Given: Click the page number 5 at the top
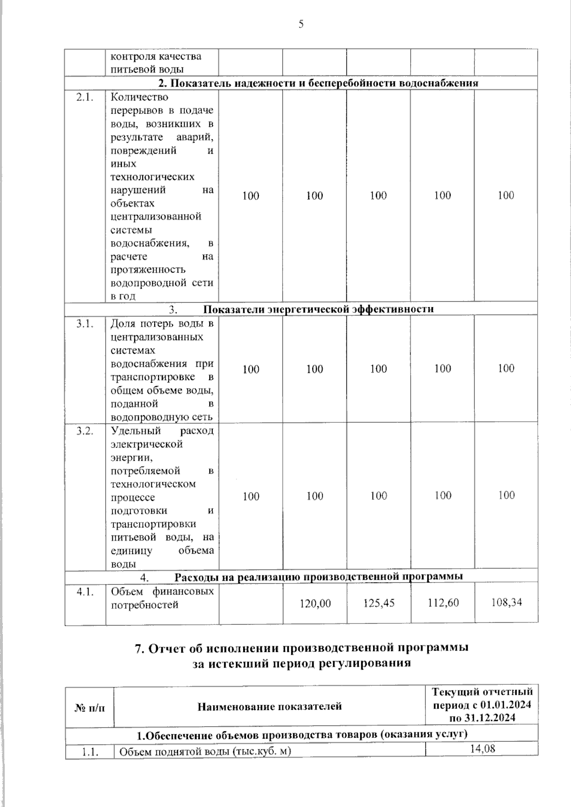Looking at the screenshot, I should pos(301,24).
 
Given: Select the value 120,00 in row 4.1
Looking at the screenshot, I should pos(315,603).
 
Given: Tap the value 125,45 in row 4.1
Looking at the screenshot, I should pos(379,603).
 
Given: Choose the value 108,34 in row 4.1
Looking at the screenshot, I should pos(506,602).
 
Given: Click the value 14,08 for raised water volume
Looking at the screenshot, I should pos(482,749).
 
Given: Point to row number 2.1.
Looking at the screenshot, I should pos(85,97).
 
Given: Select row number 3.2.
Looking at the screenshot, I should pos(85,431).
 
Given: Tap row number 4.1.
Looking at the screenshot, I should pos(85,592).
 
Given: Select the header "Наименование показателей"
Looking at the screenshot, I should pos(269,706).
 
